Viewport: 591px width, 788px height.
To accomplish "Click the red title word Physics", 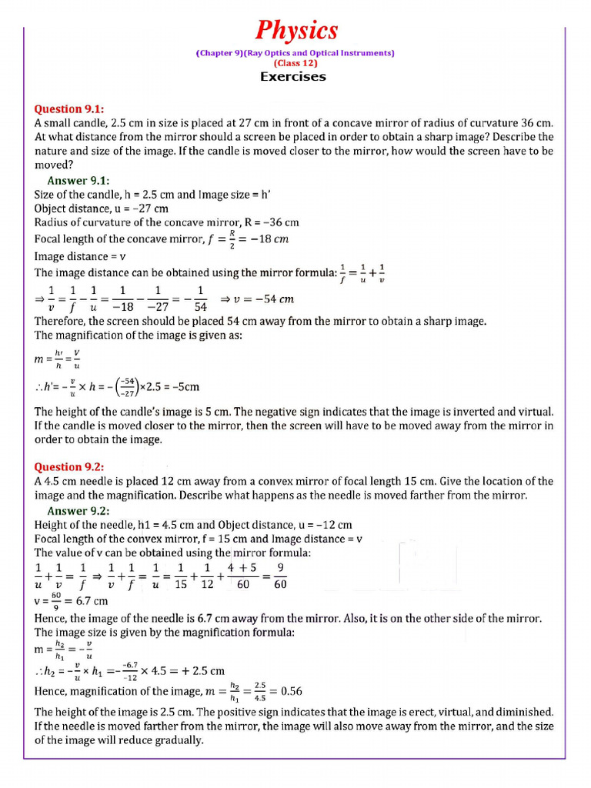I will (x=296, y=31).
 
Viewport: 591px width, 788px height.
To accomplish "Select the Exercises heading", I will (x=292, y=76).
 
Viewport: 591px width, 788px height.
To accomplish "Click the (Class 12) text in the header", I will (x=295, y=63).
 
